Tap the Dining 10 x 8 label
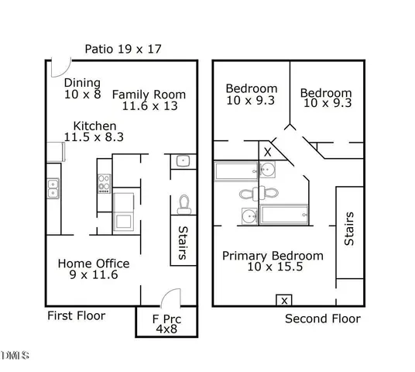pos(83,89)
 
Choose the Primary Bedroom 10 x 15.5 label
pos(273,261)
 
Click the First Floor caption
pos(76,315)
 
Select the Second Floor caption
pos(322,318)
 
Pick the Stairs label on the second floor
pos(349,229)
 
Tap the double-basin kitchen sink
pos(53,188)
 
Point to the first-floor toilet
pos(183,204)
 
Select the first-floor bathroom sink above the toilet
pos(183,162)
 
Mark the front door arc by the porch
pos(172,297)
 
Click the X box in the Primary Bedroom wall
pos(285,300)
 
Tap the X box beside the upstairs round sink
pos(267,152)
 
